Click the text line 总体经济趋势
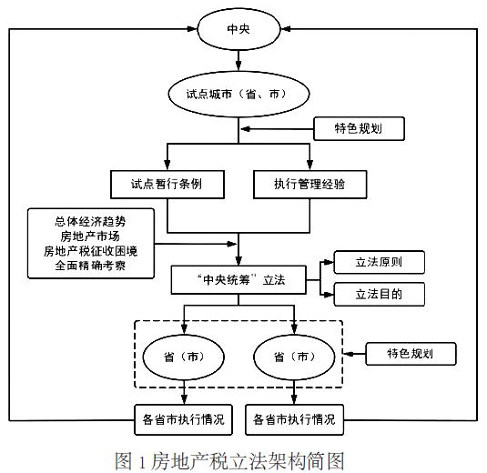[x=90, y=222]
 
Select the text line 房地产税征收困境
[x=90, y=251]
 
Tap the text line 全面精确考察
[x=90, y=266]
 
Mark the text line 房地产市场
[x=90, y=236]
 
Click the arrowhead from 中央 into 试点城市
[x=238, y=65]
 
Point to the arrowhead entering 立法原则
[x=328, y=262]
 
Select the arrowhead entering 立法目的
[x=328, y=294]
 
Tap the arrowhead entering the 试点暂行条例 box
[x=167, y=165]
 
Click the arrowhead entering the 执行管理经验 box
[x=309, y=165]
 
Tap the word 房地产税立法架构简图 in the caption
[x=248, y=461]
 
